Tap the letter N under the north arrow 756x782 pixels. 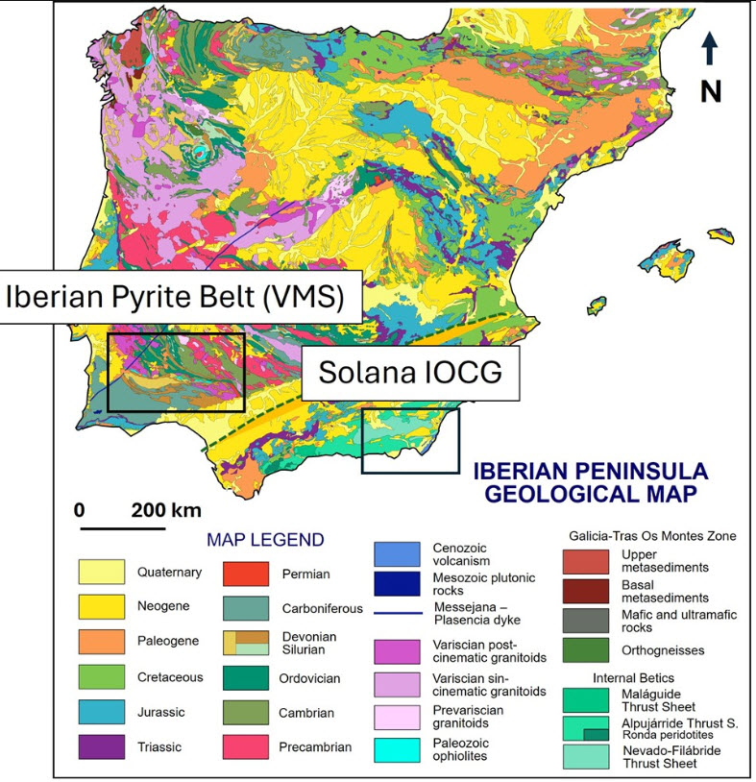(x=710, y=91)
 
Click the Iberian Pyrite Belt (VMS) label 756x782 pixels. (x=176, y=297)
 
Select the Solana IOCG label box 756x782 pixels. (x=410, y=373)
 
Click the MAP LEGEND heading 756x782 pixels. (x=265, y=540)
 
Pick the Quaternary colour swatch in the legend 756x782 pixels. (x=102, y=573)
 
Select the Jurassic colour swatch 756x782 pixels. (x=102, y=712)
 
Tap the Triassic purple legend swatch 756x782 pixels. (x=102, y=746)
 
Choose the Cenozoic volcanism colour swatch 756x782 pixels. (x=397, y=553)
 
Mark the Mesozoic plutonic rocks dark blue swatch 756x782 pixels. (x=397, y=584)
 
